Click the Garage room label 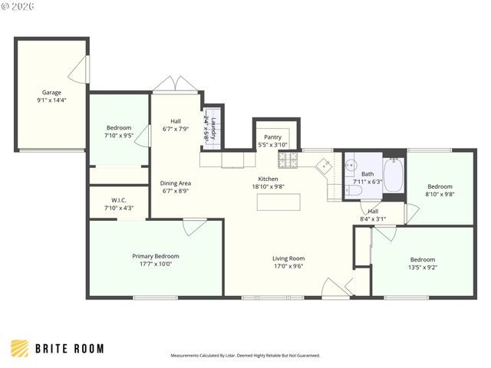click(51, 93)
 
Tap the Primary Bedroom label click(156, 256)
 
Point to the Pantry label click(272, 137)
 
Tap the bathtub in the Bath click(393, 176)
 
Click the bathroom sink click(351, 164)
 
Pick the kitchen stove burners click(288, 159)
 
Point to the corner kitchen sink click(325, 165)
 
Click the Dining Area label click(176, 183)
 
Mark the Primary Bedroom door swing click(194, 226)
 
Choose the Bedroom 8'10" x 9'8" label click(440, 186)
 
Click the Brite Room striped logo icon click(21, 348)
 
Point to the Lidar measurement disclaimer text click(245, 356)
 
